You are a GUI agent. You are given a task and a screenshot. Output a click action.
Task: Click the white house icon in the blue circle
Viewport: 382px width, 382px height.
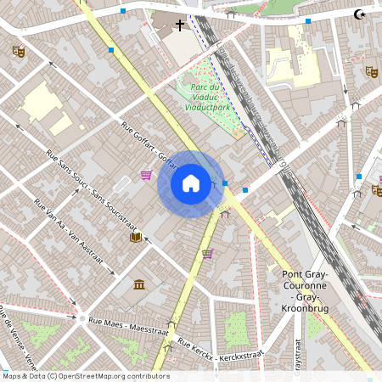click(x=191, y=183)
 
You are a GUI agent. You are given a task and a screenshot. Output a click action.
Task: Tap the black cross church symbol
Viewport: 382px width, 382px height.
click(x=181, y=25)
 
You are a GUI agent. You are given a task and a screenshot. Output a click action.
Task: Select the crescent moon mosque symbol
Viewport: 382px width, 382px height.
click(x=360, y=14)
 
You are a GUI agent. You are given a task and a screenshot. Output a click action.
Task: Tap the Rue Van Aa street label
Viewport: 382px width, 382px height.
click(x=72, y=230)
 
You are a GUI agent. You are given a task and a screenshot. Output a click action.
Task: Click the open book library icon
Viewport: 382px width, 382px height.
click(x=134, y=237)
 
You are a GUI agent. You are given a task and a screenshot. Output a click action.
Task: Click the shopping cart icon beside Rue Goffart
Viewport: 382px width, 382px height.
click(x=147, y=175)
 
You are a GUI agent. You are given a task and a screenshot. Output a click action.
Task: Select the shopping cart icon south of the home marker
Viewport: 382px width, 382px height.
click(x=207, y=253)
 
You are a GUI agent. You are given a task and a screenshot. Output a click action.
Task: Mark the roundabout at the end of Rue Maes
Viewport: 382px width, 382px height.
click(x=81, y=319)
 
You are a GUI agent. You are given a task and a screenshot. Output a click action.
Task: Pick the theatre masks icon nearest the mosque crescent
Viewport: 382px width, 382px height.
click(x=370, y=71)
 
